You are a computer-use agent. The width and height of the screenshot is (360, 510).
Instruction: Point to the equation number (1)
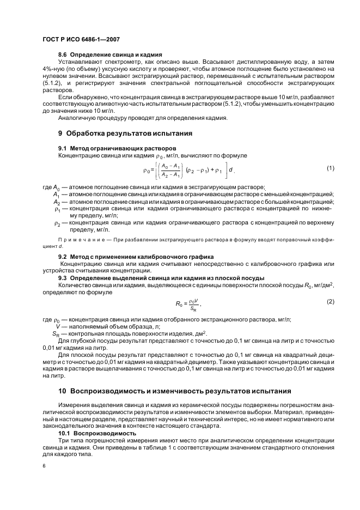click(330, 168)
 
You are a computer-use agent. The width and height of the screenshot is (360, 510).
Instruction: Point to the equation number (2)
click(330, 301)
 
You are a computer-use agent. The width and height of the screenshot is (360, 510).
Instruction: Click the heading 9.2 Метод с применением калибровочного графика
click(136, 256)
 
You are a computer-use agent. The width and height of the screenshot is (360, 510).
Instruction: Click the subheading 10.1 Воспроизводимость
click(97, 433)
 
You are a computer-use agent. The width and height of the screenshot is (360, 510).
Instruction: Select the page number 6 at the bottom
click(44, 465)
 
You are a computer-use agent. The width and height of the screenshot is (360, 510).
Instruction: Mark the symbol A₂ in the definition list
click(56, 201)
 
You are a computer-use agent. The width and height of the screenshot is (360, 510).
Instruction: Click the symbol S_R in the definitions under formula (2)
click(56, 333)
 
